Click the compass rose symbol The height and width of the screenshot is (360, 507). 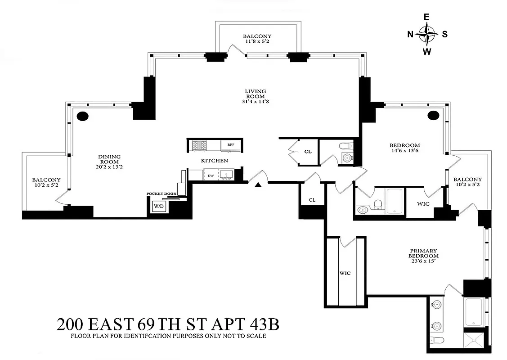(x=426, y=34)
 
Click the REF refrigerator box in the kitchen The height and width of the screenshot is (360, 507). (x=231, y=145)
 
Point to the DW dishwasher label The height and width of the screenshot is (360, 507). (x=211, y=175)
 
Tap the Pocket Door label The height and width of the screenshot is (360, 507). (x=161, y=193)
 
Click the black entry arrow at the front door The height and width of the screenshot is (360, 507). (x=258, y=184)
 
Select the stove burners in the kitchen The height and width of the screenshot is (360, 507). (x=198, y=145)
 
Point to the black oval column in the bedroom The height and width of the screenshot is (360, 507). (x=433, y=116)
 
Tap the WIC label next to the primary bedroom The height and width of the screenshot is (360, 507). (x=345, y=273)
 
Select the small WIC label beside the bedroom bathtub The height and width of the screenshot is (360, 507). (x=423, y=204)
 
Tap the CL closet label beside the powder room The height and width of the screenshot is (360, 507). (x=308, y=152)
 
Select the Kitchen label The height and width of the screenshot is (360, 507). (x=214, y=160)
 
